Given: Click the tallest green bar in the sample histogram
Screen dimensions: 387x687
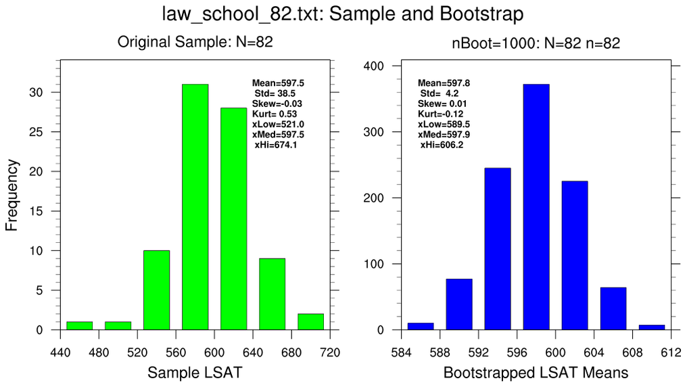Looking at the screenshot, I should click(x=195, y=207).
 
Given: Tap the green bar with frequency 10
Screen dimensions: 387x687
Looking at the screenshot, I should click(x=156, y=290).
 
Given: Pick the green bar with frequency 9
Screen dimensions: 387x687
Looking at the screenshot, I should click(x=273, y=294).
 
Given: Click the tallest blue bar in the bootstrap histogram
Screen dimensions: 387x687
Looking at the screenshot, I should click(x=536, y=207).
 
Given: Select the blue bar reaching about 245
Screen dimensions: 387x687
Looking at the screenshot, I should click(x=498, y=249).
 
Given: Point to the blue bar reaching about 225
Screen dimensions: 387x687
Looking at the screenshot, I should click(x=575, y=256).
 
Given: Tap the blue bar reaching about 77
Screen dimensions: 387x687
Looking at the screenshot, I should click(x=459, y=304).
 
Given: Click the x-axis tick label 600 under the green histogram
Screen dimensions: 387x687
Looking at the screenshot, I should click(x=214, y=352).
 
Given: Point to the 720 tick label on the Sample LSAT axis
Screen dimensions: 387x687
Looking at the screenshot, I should click(x=329, y=352).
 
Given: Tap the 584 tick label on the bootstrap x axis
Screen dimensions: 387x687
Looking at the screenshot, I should click(x=402, y=352).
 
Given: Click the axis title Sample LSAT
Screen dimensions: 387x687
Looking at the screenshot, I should click(x=195, y=372).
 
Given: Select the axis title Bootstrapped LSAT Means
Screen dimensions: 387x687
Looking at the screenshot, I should click(x=536, y=372).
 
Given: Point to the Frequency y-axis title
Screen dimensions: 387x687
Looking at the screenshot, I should click(x=11, y=195).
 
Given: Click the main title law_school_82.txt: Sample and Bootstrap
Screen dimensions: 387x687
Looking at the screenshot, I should click(x=343, y=14).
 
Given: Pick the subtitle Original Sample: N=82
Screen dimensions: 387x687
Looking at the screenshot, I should click(x=195, y=43).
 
